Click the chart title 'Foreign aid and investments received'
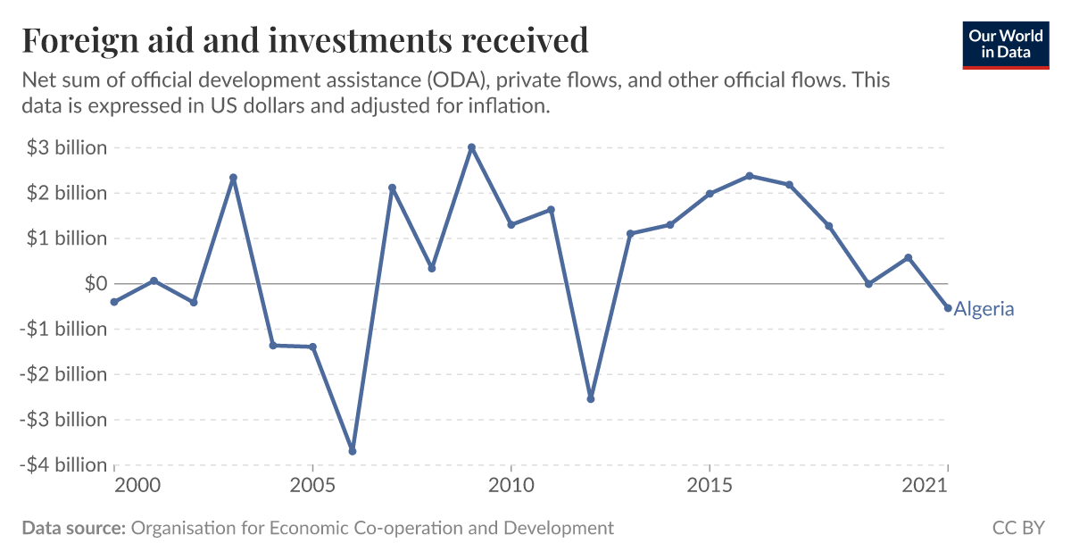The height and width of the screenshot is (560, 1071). pyautogui.click(x=305, y=41)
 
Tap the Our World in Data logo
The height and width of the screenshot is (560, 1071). pyautogui.click(x=1005, y=45)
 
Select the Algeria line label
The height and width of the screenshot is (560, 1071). pyautogui.click(x=984, y=309)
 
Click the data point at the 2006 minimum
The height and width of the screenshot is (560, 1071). pyautogui.click(x=353, y=451)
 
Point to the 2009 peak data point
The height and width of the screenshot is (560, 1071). pyautogui.click(x=472, y=147)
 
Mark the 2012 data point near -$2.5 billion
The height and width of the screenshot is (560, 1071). pyautogui.click(x=591, y=398)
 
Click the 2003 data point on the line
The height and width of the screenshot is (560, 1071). pyautogui.click(x=233, y=178)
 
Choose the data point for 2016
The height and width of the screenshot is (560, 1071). pyautogui.click(x=750, y=176)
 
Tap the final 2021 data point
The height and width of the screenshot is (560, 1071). pyautogui.click(x=948, y=308)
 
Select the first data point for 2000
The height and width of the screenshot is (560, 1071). pyautogui.click(x=114, y=302)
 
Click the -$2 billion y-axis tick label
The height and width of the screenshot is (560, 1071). pyautogui.click(x=64, y=374)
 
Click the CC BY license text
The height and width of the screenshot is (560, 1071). pyautogui.click(x=1018, y=528)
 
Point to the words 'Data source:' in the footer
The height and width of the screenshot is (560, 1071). pyautogui.click(x=73, y=528)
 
